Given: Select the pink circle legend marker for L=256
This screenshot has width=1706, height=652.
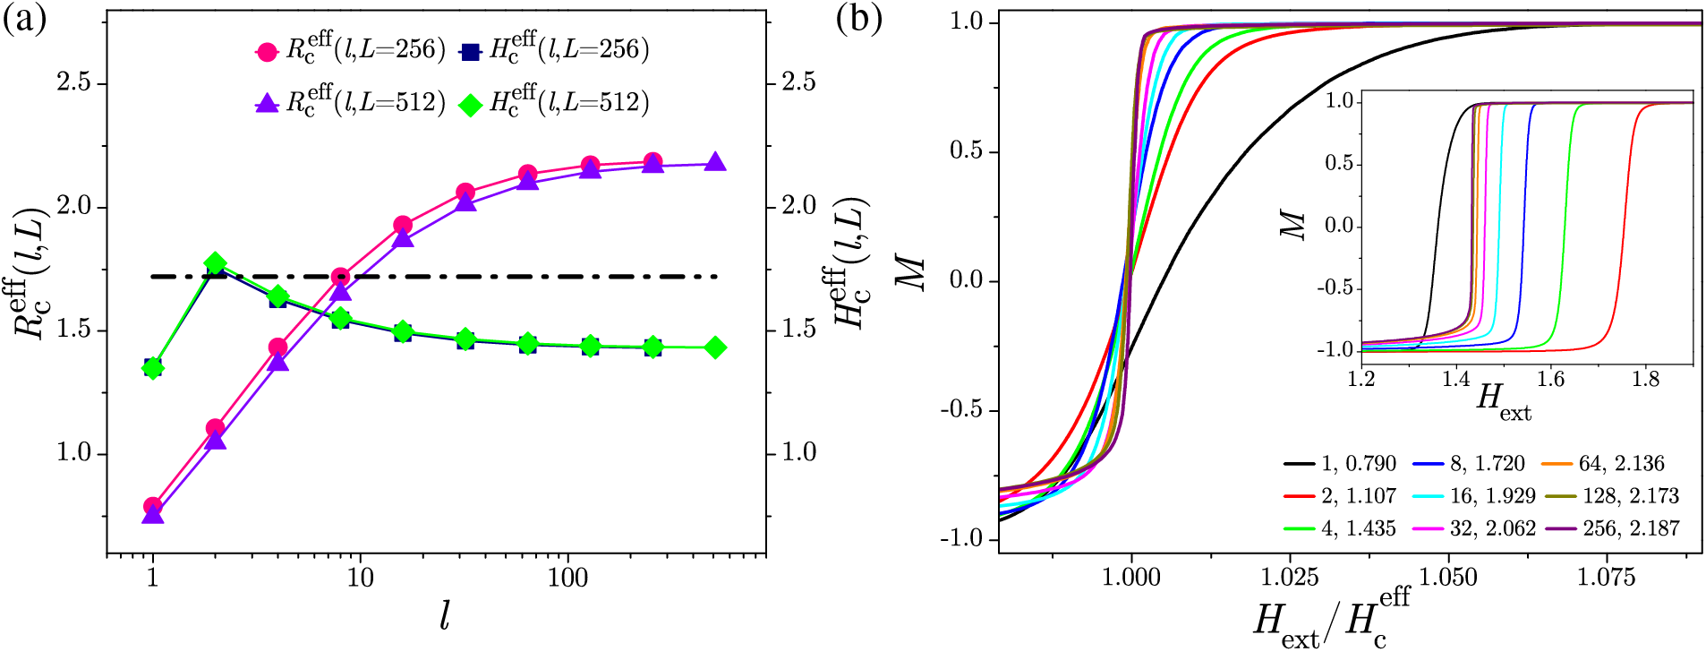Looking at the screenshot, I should click(x=267, y=52).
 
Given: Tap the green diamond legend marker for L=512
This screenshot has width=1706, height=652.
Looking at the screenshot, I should click(x=470, y=105).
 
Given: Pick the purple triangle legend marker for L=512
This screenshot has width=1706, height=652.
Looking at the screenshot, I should click(x=267, y=105).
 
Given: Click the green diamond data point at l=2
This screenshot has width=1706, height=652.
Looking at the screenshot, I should click(x=215, y=263).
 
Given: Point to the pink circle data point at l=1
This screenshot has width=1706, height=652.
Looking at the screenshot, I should click(x=153, y=507).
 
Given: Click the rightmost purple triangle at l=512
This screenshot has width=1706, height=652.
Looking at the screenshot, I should click(x=715, y=163).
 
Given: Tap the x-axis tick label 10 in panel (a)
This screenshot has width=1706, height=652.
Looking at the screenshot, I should click(x=360, y=577).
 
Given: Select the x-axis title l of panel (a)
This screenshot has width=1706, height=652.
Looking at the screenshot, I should click(x=445, y=616).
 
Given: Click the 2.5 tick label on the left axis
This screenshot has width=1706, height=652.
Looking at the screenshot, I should click(x=74, y=83).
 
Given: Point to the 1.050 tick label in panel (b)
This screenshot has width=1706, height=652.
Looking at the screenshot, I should click(x=1448, y=577).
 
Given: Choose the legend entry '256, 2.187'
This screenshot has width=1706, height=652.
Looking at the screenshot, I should click(x=1630, y=528).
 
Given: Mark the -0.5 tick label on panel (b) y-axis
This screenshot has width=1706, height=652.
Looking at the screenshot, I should click(x=962, y=410).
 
